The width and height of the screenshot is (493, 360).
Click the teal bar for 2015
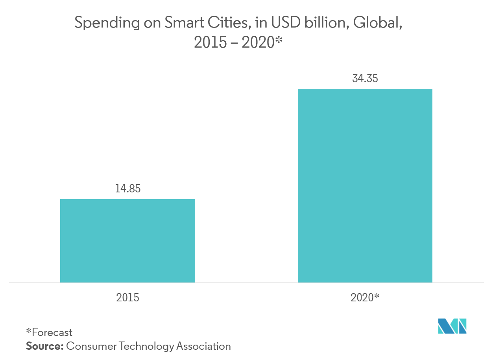(127, 241)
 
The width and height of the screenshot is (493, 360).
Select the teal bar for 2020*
(365, 186)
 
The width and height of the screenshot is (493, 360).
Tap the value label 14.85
(127, 188)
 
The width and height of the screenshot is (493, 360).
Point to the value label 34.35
(365, 79)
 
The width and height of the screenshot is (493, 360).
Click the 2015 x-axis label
(127, 297)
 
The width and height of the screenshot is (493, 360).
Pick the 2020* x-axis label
(365, 297)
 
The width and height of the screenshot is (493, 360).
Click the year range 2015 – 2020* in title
(239, 42)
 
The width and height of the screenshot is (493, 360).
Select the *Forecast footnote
(49, 332)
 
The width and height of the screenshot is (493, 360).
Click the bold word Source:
(44, 346)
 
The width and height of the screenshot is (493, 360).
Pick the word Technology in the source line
(146, 347)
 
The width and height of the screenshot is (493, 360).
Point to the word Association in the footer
(203, 346)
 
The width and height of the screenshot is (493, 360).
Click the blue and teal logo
(452, 326)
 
